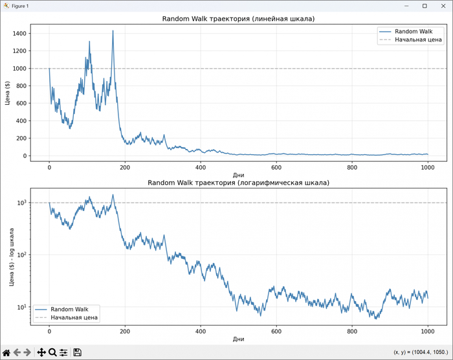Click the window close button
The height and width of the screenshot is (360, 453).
[x=442, y=6]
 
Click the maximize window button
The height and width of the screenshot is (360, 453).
[x=425, y=6]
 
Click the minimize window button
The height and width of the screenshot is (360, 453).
[x=407, y=6]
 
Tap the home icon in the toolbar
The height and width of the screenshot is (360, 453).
[x=6, y=352]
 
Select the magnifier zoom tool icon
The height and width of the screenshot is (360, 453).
[x=52, y=352]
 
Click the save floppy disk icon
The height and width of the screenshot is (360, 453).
[x=77, y=352]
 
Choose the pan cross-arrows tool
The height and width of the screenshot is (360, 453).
[x=41, y=352]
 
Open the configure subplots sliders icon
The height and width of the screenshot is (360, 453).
[x=63, y=352]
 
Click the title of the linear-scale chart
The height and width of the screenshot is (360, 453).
[x=238, y=19]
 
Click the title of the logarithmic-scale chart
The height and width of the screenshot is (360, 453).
[x=238, y=183]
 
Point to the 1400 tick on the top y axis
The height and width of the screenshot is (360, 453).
[x=19, y=33]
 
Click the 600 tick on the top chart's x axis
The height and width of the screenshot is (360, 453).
[x=276, y=168]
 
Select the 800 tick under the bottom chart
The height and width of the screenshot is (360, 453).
[x=352, y=332]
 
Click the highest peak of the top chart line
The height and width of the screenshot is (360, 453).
[x=113, y=31]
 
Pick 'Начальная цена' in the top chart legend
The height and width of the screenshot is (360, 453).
[x=418, y=39]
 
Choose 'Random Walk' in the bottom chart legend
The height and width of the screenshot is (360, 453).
[x=69, y=309]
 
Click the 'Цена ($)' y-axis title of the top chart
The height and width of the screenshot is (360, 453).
[x=6, y=91]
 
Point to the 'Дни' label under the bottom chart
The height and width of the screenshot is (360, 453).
[x=238, y=339]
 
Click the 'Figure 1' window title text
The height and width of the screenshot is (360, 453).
[x=20, y=6]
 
